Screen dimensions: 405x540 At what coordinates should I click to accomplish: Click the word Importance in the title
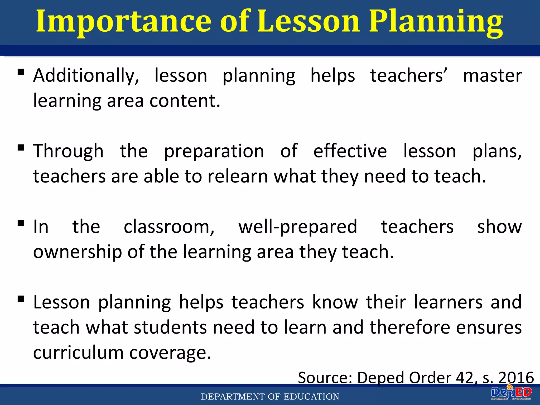click(x=123, y=22)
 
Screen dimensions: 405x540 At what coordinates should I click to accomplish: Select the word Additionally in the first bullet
click(x=86, y=76)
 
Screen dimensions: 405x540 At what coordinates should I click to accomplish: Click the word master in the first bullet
click(x=492, y=76)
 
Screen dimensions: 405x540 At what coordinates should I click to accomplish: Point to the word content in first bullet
click(x=185, y=101)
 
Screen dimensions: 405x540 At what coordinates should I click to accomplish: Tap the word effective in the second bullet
click(x=350, y=151)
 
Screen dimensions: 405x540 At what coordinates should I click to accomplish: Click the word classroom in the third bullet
click(x=169, y=227)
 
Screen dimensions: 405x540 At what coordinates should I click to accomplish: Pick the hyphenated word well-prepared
click(x=298, y=227)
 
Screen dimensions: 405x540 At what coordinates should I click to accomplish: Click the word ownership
click(x=78, y=252)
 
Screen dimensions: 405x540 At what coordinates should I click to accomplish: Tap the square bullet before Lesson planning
click(x=21, y=298)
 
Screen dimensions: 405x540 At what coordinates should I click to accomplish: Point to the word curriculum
click(x=78, y=353)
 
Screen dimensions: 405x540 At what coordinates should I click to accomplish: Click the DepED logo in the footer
click(x=511, y=394)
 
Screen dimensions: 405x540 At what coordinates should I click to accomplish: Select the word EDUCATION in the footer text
click(x=311, y=397)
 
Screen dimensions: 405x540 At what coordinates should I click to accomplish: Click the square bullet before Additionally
click(x=21, y=72)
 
